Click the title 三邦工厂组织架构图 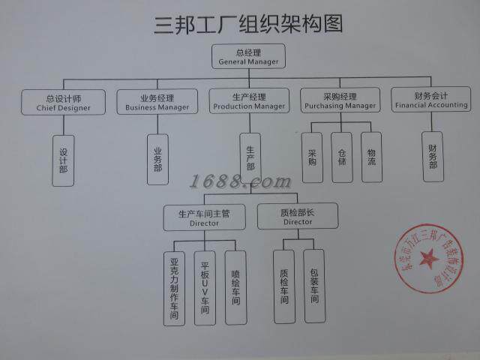(248, 24)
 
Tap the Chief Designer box (63, 102)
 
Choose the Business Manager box (157, 102)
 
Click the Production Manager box (249, 101)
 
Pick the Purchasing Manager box (339, 100)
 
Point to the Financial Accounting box (431, 100)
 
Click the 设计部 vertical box (63, 160)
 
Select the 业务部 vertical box (157, 159)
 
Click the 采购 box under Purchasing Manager (312, 157)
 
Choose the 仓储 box (342, 157)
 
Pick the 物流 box (371, 157)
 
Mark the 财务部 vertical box (433, 156)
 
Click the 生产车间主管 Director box (204, 217)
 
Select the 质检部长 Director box (298, 216)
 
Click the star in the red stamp (428, 259)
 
